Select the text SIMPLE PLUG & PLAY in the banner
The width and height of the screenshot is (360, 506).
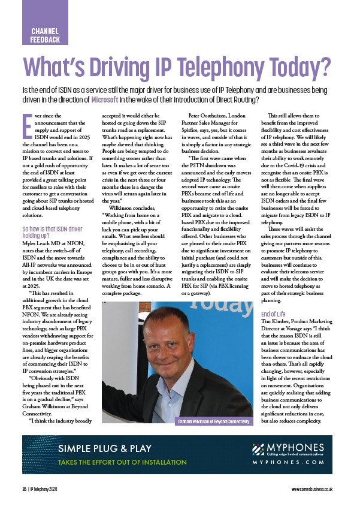coord(105,448)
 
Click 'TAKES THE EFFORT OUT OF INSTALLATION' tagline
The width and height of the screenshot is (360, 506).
coord(123,462)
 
